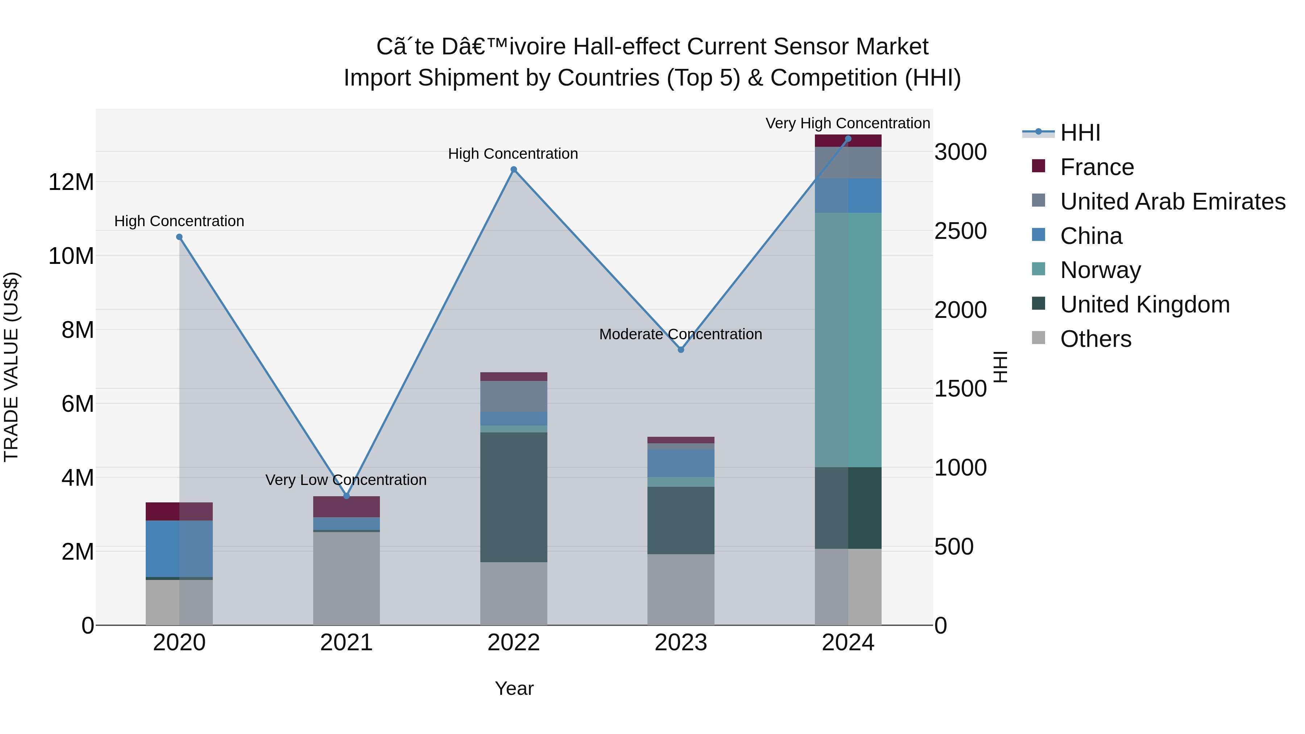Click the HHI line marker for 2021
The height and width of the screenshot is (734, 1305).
(347, 496)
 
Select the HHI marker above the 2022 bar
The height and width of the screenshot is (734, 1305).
(514, 170)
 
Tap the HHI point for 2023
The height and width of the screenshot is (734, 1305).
(681, 349)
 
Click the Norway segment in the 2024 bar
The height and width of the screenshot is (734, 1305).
(848, 339)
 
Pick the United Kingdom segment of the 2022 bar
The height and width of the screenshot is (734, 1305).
(514, 497)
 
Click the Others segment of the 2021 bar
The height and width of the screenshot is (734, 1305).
(347, 577)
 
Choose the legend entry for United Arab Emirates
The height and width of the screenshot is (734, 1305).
(1172, 202)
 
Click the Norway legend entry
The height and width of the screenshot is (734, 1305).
(1100, 270)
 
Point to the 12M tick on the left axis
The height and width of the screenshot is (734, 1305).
(71, 182)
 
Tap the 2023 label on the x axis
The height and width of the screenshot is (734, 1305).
(681, 643)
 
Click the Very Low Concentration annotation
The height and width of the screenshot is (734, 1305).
(346, 480)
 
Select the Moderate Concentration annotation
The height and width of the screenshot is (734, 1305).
(680, 334)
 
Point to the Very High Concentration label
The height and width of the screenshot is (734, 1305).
(848, 123)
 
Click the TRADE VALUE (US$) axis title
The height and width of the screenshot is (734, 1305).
(11, 367)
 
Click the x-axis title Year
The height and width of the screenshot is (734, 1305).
(514, 688)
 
